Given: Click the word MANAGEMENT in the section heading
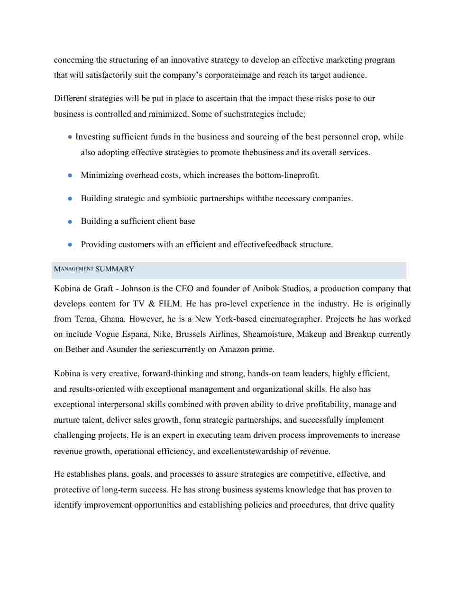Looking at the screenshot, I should coord(73,269).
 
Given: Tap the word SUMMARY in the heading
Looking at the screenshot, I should coord(115,269).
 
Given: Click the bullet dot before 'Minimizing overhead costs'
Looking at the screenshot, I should coord(70,175).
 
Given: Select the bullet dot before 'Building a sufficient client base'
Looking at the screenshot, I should coord(70,222).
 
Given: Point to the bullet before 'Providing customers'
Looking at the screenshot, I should coord(70,245).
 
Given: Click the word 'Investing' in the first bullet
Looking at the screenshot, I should coord(92,137).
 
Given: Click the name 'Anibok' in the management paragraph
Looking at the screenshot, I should coord(266,288).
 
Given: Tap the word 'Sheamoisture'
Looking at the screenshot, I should coord(267,334).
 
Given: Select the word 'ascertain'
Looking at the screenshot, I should coord(218,98).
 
